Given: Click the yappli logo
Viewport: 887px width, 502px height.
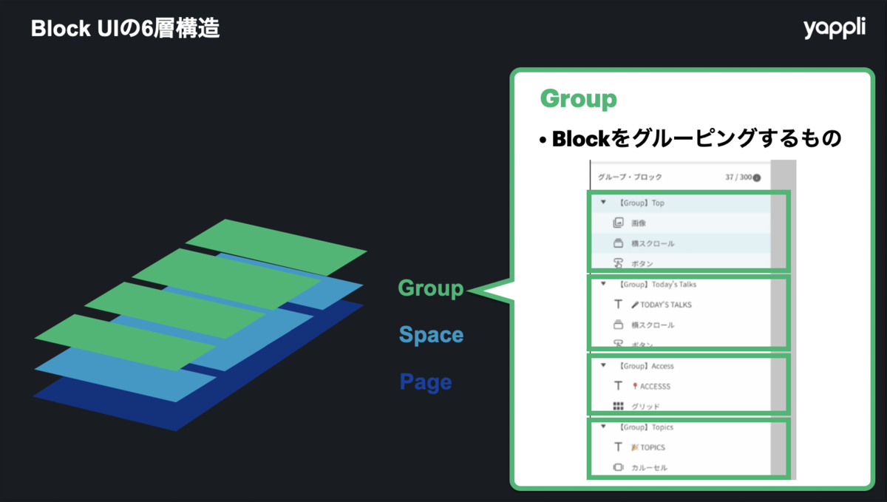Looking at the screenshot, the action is point(834,29).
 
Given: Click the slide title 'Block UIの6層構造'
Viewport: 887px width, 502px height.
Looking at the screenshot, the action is point(125,30).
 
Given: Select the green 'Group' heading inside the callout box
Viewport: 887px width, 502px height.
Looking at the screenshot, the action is point(578,98).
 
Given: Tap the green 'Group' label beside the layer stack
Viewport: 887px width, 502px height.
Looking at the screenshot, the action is point(431,288).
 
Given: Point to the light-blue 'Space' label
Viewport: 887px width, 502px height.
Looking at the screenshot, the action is point(431,335).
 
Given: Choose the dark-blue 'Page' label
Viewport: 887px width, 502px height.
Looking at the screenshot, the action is point(425,382).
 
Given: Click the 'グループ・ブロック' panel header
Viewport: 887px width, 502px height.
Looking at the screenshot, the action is point(630,177).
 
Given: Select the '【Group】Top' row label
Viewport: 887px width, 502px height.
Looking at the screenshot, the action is point(642,203).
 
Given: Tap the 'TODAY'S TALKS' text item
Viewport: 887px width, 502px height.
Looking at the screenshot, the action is point(666,305).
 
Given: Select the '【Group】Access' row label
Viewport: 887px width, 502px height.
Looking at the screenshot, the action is point(647,366).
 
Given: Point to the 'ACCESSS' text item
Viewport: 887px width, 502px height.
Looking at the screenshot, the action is point(656,386).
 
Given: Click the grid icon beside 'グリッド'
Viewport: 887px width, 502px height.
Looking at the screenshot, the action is point(619,407).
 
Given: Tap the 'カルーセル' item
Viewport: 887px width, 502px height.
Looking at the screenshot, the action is point(649,468).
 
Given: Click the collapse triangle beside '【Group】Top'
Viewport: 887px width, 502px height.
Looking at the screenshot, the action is point(604,202).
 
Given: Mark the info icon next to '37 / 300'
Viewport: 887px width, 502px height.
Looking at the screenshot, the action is point(756,178).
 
